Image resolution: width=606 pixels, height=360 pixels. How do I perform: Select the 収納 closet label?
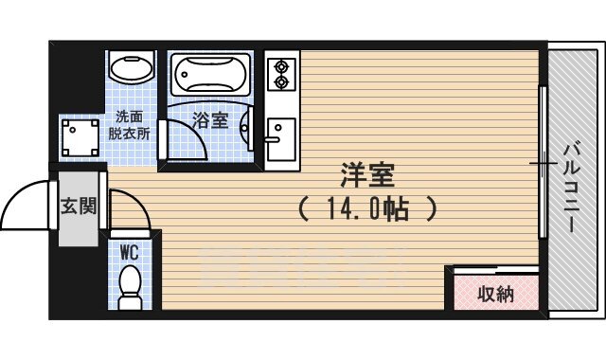point(494,294)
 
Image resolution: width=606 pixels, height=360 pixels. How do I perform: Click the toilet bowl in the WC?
point(131,285)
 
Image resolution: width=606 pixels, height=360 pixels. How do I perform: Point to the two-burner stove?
point(279,75)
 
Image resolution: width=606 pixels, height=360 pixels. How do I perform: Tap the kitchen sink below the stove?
point(280,132)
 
